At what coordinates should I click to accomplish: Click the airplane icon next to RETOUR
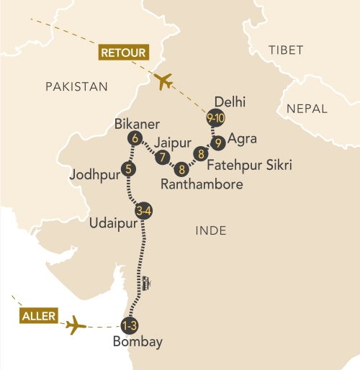click(163, 81)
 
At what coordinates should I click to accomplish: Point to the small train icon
click(146, 282)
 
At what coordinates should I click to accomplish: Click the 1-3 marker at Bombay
click(130, 324)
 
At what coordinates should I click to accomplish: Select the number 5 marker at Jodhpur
click(130, 170)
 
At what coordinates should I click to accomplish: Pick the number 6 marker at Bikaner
click(132, 137)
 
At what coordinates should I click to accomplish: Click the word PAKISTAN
click(76, 86)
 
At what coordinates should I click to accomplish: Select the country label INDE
click(211, 231)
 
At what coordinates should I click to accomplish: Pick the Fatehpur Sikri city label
click(248, 166)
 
